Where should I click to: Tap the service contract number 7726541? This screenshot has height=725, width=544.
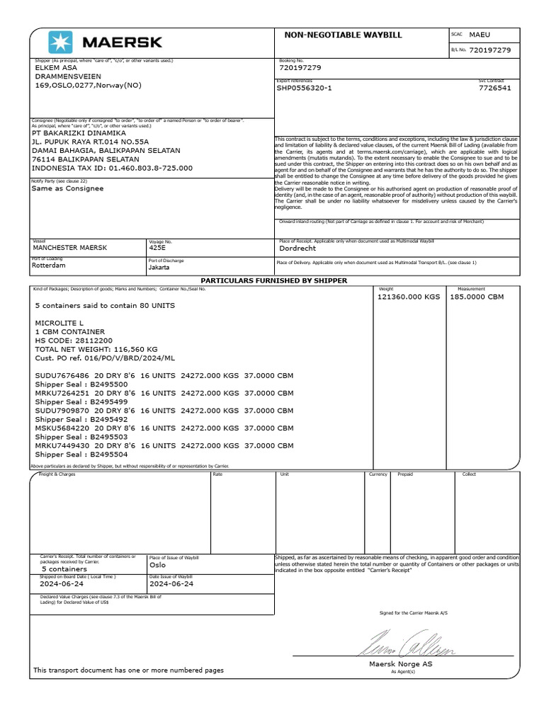[x=494, y=89]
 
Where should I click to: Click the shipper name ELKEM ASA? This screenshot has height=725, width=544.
[x=55, y=68]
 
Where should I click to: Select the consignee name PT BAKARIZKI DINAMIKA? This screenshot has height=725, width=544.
[x=79, y=132]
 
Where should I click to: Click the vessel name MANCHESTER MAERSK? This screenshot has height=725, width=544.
[x=70, y=248]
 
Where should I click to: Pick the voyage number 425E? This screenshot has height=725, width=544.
[x=157, y=248]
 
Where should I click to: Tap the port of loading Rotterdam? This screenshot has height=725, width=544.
[x=50, y=266]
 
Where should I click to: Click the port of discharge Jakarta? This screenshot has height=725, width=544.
[x=159, y=267]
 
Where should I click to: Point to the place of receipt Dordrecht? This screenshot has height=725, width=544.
[x=297, y=249]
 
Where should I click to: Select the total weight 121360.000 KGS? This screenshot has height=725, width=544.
[x=409, y=297]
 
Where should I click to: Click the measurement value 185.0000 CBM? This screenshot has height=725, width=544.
[x=477, y=297]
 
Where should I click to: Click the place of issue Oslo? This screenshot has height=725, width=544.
[x=157, y=566]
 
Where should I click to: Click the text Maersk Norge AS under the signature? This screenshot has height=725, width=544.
[x=400, y=664]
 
